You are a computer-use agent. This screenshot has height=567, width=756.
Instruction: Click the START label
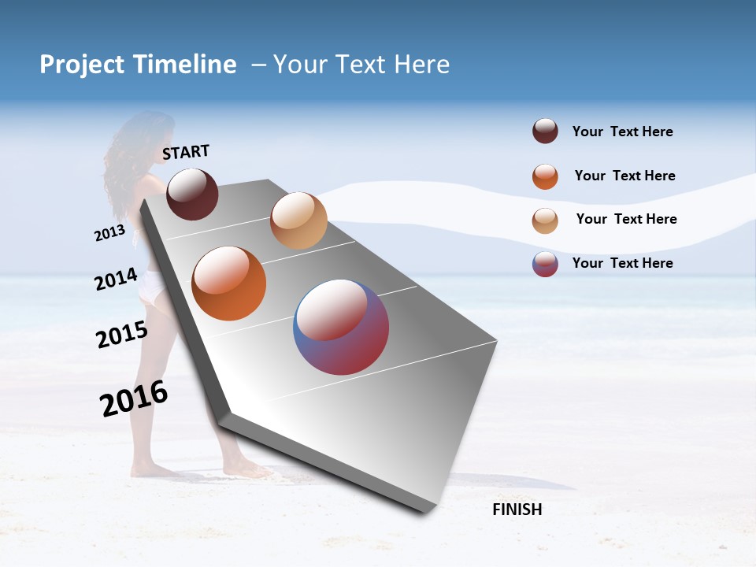(x=186, y=152)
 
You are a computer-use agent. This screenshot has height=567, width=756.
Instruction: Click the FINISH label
(x=517, y=510)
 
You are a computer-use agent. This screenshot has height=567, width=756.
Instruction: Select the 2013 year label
(x=109, y=233)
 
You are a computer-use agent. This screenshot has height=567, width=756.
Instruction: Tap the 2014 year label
(x=116, y=280)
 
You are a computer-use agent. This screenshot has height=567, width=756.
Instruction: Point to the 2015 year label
(x=121, y=335)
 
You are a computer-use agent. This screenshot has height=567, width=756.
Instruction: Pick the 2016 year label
(x=134, y=398)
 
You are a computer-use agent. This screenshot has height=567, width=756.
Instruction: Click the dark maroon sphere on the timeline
(x=192, y=194)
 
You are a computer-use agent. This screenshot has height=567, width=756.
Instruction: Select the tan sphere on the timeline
(x=298, y=220)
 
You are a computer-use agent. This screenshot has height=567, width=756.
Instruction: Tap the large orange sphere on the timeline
(x=229, y=283)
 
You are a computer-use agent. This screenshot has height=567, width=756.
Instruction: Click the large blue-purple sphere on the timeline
(x=341, y=327)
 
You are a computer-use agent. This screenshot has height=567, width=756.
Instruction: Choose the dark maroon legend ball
(x=545, y=132)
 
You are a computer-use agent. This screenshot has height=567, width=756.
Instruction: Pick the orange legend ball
(x=545, y=176)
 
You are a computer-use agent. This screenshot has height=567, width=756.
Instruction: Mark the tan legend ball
(x=545, y=220)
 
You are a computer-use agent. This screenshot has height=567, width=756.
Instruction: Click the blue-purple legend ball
(x=545, y=264)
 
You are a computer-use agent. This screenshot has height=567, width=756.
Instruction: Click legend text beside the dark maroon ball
(x=622, y=132)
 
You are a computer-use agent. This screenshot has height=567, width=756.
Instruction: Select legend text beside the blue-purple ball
(x=622, y=263)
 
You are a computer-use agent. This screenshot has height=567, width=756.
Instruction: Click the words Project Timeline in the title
(x=138, y=65)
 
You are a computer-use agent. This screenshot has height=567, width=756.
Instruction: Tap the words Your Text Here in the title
(x=361, y=65)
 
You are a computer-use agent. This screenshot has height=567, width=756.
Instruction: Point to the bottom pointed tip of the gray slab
(x=425, y=512)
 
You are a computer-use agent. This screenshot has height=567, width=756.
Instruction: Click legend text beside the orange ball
(x=624, y=176)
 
